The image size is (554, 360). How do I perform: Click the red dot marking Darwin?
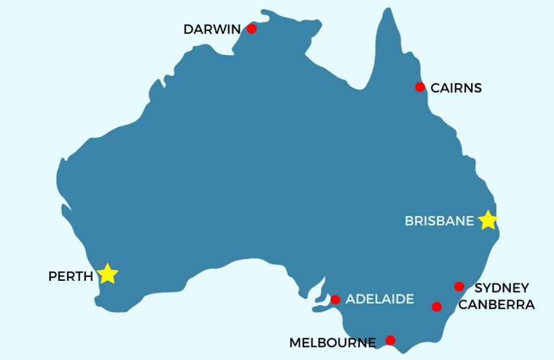click(x=252, y=29)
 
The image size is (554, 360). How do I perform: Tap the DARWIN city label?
click(x=212, y=29)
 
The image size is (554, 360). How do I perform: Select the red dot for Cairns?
click(x=420, y=87)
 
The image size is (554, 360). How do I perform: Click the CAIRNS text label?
click(x=456, y=88)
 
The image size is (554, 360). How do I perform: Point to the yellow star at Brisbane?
click(x=488, y=220)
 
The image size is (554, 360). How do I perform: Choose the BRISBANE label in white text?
click(x=439, y=221)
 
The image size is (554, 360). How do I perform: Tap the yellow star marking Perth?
click(x=107, y=274)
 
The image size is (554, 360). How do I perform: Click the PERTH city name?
click(x=71, y=276)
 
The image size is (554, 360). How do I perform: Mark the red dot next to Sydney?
click(x=459, y=287)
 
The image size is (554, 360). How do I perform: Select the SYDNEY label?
click(x=501, y=288)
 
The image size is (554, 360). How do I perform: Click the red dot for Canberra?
click(x=436, y=307)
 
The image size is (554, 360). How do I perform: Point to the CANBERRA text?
click(x=496, y=305)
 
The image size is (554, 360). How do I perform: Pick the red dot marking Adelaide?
click(x=335, y=300)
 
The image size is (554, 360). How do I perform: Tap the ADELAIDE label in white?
click(x=380, y=299)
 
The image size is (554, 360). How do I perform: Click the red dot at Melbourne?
click(x=390, y=340)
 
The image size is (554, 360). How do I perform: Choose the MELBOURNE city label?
click(x=332, y=342)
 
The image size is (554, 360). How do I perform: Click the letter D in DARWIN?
click(x=188, y=29)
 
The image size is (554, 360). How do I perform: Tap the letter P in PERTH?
click(x=52, y=276)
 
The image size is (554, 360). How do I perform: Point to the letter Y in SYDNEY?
click(x=490, y=288)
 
